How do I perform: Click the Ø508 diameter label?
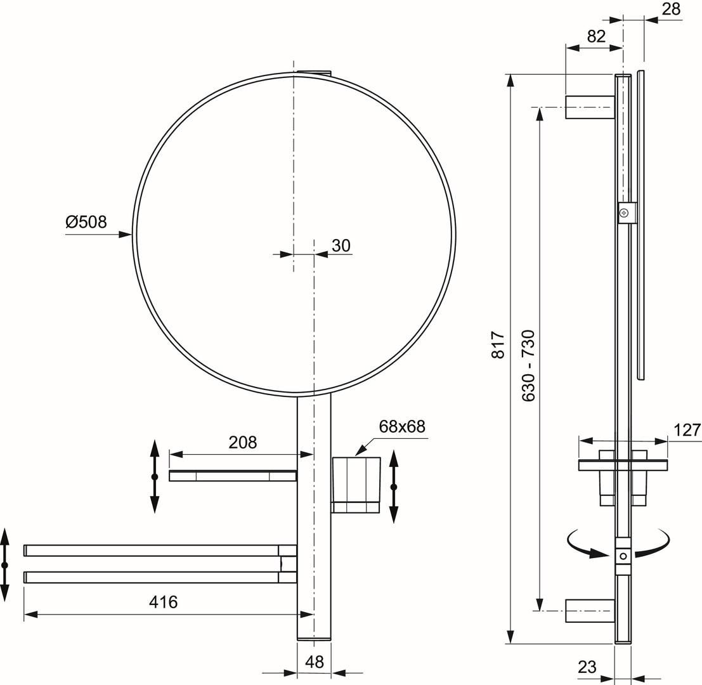(x=86, y=221)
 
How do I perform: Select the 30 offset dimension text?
(x=341, y=245)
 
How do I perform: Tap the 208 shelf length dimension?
(x=243, y=442)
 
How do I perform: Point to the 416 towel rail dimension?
(x=164, y=602)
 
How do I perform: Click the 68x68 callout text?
(x=402, y=426)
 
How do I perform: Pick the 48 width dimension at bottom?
(x=315, y=662)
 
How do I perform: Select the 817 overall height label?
(x=498, y=345)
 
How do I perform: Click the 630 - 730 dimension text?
(x=529, y=366)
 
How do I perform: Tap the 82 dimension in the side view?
(x=596, y=36)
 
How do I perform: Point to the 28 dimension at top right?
(x=671, y=9)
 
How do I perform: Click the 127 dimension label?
(x=687, y=430)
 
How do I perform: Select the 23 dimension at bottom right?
(x=587, y=667)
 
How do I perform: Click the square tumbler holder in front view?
(x=356, y=485)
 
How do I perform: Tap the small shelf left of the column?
(x=233, y=476)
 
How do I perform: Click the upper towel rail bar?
(x=160, y=551)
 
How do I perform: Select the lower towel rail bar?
(x=160, y=577)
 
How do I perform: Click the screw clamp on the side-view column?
(x=627, y=212)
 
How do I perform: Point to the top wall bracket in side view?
(x=590, y=107)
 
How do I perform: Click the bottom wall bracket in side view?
(x=590, y=611)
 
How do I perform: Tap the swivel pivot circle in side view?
(x=623, y=556)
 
